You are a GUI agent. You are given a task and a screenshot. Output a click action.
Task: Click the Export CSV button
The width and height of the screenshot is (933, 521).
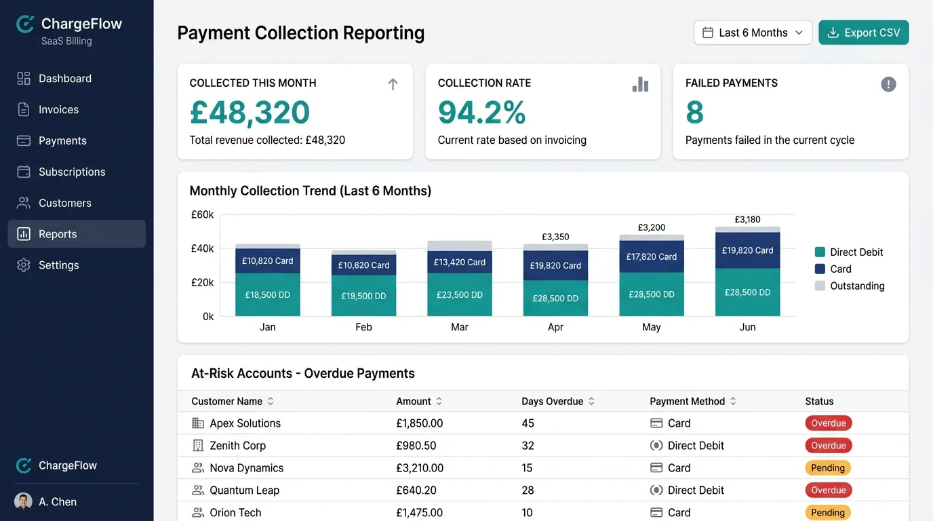[863, 33]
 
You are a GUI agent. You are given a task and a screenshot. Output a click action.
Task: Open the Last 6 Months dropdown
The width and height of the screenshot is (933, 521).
[753, 33]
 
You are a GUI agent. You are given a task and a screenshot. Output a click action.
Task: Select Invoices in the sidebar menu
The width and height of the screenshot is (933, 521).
[58, 109]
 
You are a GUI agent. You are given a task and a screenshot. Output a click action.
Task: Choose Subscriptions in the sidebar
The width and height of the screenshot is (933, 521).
[71, 172]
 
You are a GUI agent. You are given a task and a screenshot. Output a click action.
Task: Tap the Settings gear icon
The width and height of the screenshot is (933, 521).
[24, 265]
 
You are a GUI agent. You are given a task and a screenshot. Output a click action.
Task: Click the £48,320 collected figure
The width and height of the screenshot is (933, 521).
[250, 113]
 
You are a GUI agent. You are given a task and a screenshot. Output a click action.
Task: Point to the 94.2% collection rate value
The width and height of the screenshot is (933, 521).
[481, 113]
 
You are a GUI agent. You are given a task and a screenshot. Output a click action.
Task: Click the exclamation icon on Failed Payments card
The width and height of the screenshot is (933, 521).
[888, 84]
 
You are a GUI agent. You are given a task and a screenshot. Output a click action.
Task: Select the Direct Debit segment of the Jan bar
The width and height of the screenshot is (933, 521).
[268, 295]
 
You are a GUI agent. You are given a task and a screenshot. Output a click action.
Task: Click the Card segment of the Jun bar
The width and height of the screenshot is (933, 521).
[747, 250]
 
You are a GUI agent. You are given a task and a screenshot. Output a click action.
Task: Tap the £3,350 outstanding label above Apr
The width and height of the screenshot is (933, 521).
[555, 237]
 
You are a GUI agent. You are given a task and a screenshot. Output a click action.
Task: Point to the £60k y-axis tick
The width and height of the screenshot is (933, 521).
[202, 214]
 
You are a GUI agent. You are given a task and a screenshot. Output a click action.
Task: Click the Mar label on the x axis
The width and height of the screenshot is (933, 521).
[460, 327]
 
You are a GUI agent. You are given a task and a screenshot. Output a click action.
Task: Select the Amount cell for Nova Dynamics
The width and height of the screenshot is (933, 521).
[420, 467]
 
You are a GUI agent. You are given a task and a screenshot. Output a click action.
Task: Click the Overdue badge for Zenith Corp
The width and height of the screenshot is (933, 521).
[828, 446]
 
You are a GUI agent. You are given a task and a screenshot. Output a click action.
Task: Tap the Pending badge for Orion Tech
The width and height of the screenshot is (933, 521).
[827, 512]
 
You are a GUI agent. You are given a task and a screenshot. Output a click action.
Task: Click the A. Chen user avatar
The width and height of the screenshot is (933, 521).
[23, 502]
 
